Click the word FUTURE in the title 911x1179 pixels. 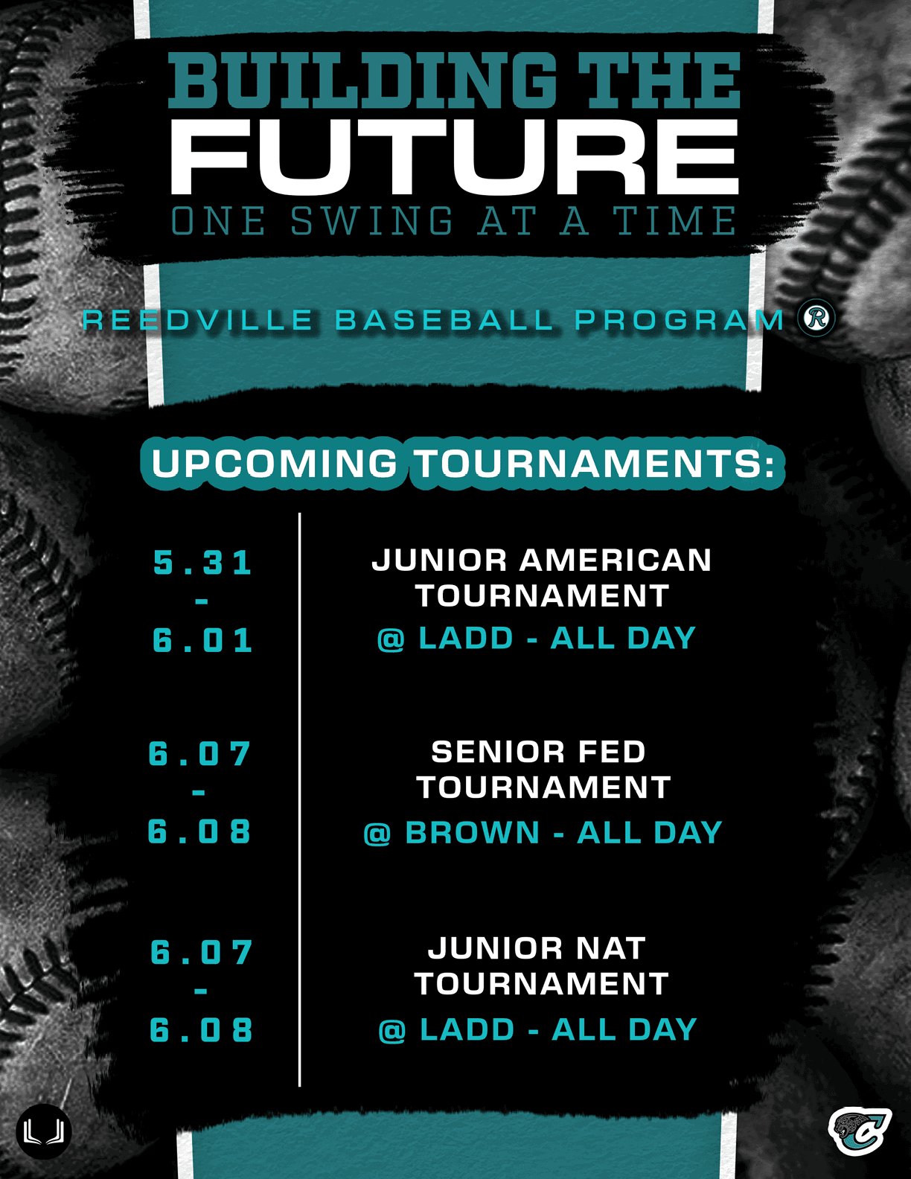[x=455, y=156]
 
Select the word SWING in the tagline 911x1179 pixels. [x=371, y=221]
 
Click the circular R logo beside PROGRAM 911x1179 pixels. [x=816, y=318]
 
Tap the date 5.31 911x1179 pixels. [x=202, y=562]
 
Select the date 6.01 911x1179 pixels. [x=202, y=640]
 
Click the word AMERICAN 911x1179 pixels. [x=616, y=560]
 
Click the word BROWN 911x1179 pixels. [x=472, y=832]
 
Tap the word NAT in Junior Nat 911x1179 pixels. [x=610, y=948]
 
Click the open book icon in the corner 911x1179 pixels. [x=44, y=1131]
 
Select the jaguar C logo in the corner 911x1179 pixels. [x=860, y=1131]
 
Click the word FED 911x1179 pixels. [x=612, y=752]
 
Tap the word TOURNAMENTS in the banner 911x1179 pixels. [x=595, y=463]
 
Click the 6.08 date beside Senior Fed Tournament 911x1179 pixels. [x=199, y=831]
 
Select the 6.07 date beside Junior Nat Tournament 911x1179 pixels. [x=201, y=952]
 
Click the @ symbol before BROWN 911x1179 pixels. [x=377, y=834]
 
